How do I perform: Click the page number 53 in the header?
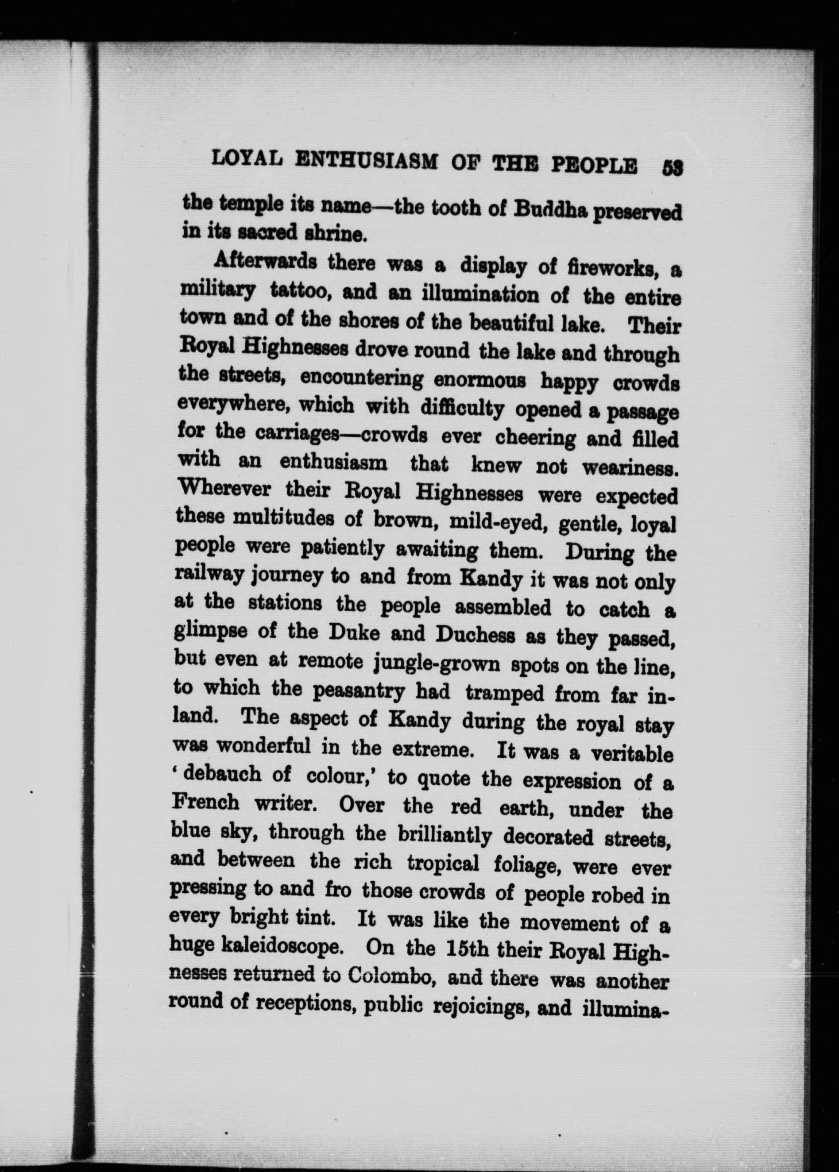(672, 168)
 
